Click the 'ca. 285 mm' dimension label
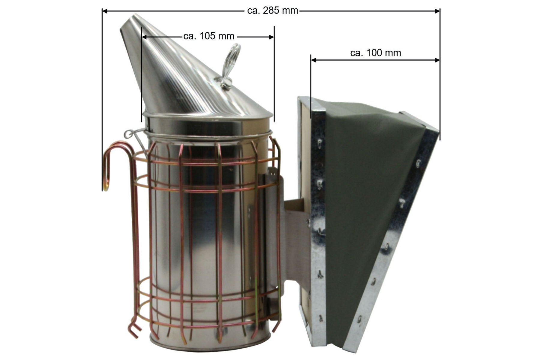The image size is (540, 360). click(x=272, y=11)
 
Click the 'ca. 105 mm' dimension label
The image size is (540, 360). click(x=208, y=36)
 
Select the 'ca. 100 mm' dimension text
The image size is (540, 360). click(x=375, y=53)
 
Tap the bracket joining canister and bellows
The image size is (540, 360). click(x=295, y=240)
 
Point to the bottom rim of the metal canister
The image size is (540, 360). click(x=210, y=348)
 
